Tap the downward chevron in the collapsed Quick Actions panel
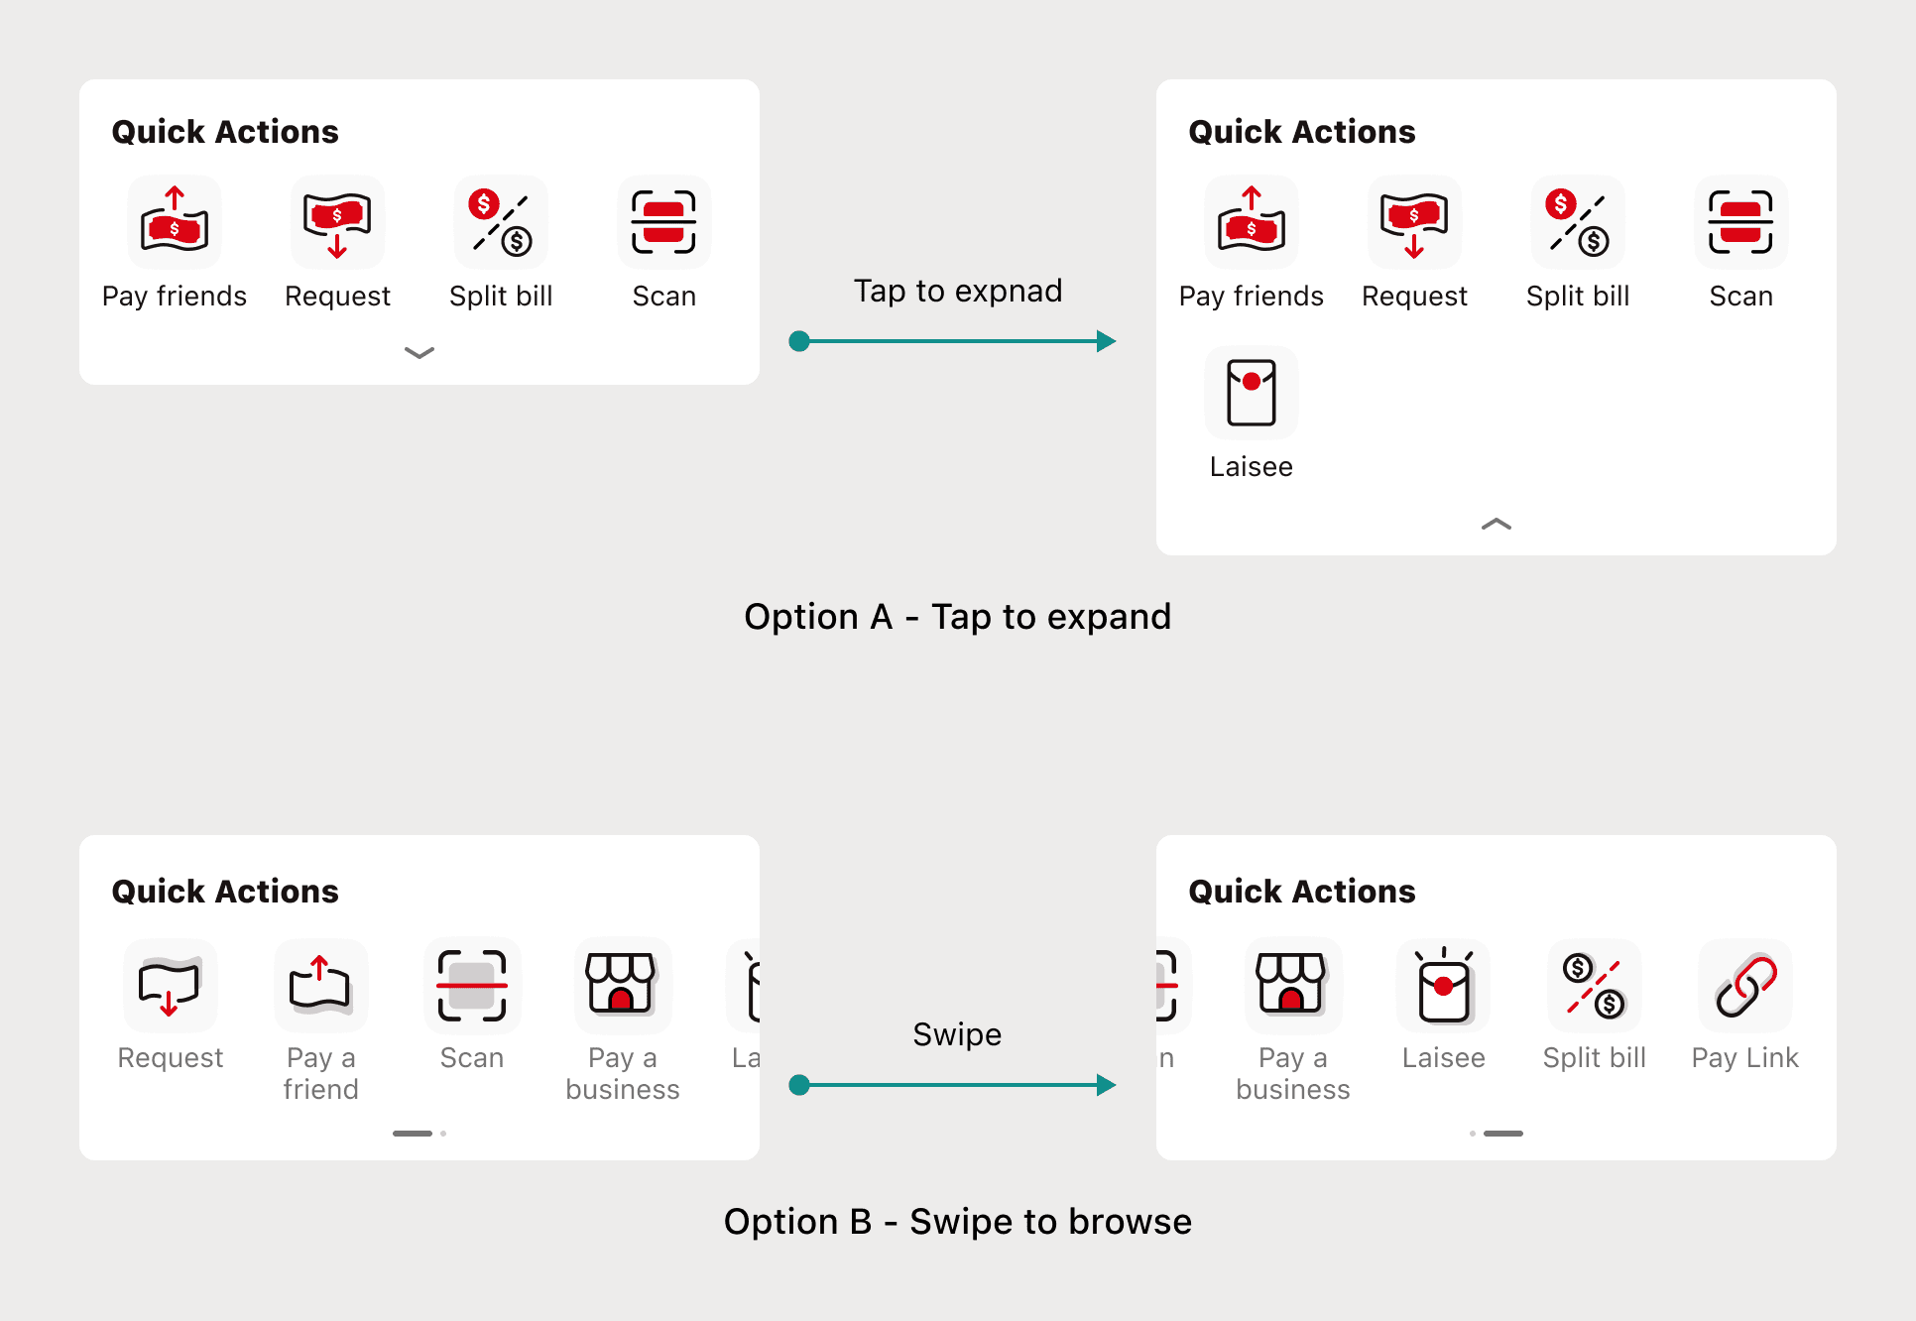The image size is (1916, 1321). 419,353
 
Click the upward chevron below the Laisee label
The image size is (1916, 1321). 1497,524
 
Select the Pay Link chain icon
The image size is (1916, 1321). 1745,986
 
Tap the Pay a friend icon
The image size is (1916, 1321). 320,986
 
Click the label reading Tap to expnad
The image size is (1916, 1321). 958,291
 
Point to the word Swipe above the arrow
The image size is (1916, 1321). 957,1034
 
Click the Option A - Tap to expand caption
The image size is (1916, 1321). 958,617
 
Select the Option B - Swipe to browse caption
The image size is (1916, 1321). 958,1222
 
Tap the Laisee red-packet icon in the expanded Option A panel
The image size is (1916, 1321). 1252,393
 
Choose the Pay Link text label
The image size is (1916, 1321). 1745,1058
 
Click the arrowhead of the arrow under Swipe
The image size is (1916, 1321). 1107,1085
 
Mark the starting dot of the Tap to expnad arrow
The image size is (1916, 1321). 799,341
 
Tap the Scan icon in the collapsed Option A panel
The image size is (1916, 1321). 664,222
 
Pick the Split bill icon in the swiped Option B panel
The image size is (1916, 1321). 1595,986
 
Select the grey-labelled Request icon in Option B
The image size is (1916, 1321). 171,986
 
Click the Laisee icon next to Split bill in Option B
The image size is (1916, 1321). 1444,986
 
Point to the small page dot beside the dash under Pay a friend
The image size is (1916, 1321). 443,1134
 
